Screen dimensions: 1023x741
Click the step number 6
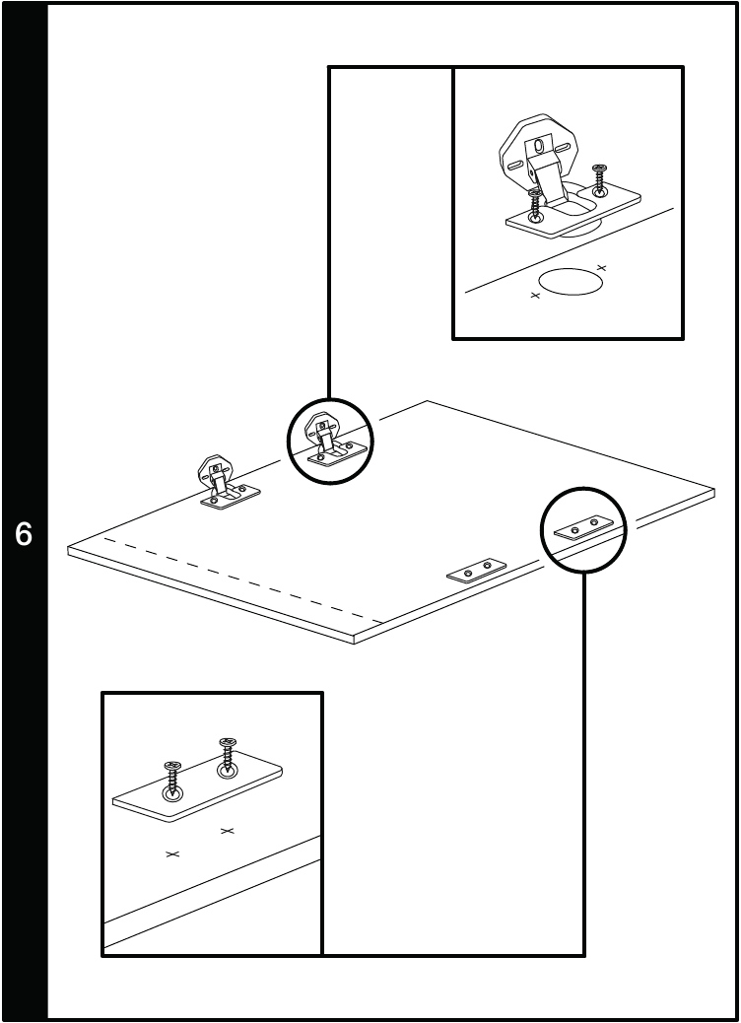pyautogui.click(x=24, y=535)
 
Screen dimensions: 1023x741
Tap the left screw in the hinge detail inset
pyautogui.click(x=535, y=204)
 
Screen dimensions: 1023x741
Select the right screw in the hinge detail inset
pyautogui.click(x=599, y=180)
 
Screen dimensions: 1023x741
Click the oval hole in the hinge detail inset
pyautogui.click(x=572, y=281)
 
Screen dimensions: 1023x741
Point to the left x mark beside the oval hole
pyautogui.click(x=536, y=295)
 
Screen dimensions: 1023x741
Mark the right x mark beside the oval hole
pyautogui.click(x=602, y=267)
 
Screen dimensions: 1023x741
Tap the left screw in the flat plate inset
pyautogui.click(x=173, y=779)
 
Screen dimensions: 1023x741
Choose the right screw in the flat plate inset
pyautogui.click(x=228, y=754)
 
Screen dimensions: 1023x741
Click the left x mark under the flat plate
pyautogui.click(x=172, y=853)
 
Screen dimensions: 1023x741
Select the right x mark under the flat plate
pyautogui.click(x=228, y=832)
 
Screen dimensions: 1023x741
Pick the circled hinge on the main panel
pyautogui.click(x=328, y=441)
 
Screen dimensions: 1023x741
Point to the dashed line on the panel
pyautogui.click(x=236, y=582)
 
